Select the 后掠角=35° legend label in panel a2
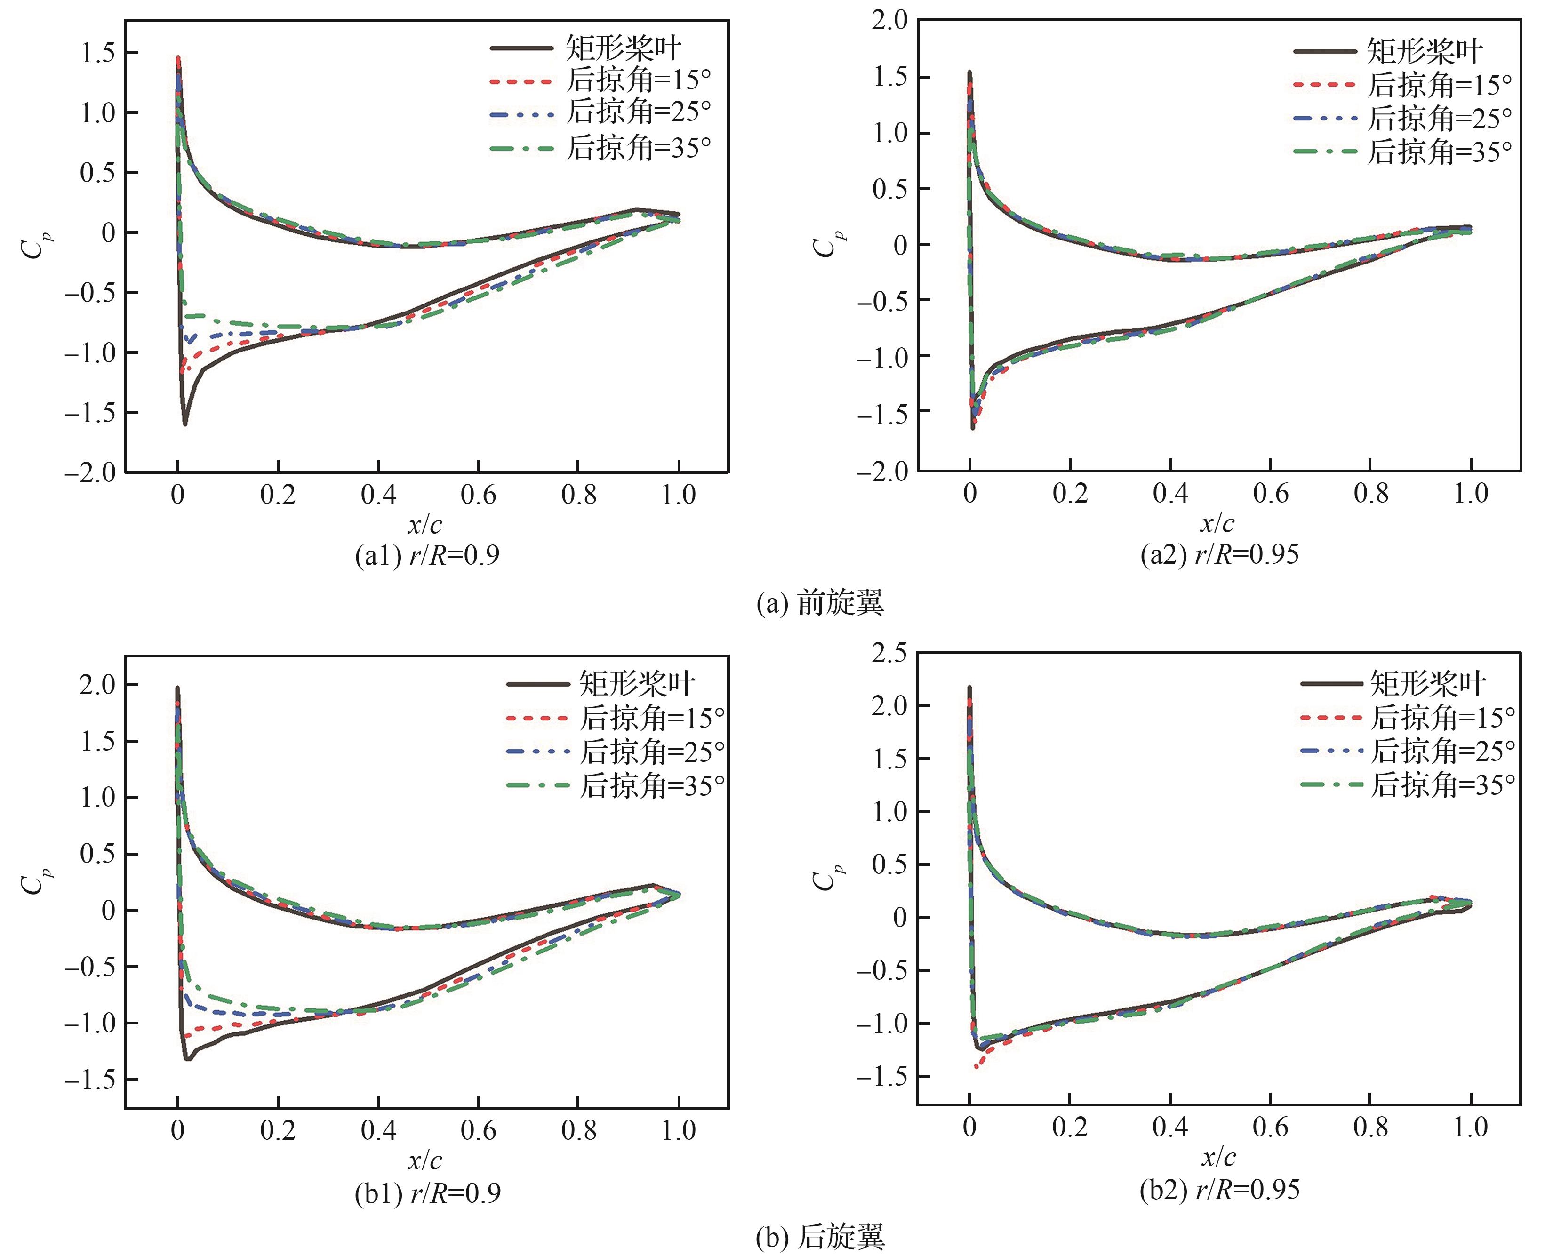pos(1439,152)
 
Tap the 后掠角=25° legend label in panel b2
pos(1443,751)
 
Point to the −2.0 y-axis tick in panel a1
pos(90,472)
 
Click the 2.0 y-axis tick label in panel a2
pos(889,20)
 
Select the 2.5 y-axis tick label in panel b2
pos(889,653)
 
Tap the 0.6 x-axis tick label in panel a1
pos(478,495)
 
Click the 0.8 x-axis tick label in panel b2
pos(1370,1127)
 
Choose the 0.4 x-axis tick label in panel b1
pos(378,1130)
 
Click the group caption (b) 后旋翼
pos(820,1237)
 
